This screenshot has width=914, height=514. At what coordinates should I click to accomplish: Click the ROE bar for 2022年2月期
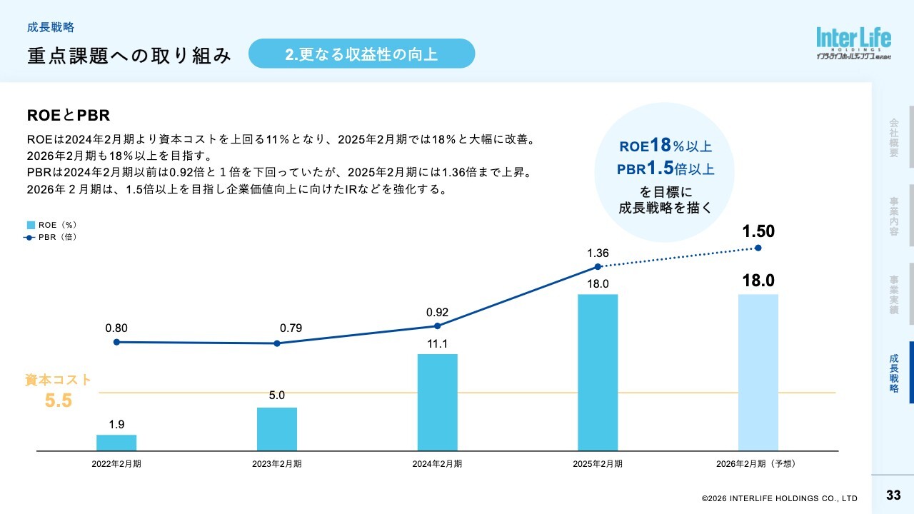(116, 443)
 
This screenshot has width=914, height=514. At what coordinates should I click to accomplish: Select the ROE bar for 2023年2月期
(277, 429)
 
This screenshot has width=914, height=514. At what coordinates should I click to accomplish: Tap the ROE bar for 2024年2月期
(437, 402)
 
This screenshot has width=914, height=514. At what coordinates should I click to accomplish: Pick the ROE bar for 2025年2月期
(598, 372)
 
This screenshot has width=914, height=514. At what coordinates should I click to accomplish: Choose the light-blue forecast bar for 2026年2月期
(758, 372)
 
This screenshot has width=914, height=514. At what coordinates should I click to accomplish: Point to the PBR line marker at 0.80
(116, 342)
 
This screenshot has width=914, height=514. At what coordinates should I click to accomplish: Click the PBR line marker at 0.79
(277, 343)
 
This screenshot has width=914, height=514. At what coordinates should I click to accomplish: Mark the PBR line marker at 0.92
(437, 326)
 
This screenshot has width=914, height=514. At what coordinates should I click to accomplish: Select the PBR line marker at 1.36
(598, 267)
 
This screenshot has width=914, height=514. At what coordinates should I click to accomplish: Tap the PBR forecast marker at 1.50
(758, 248)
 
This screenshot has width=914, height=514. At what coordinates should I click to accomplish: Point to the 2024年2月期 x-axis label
(437, 463)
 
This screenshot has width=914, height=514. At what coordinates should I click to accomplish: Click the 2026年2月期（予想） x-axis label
(758, 463)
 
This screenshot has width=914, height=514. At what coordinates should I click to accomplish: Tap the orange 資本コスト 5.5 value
(59, 400)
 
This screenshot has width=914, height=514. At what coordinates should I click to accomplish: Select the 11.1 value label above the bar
(437, 344)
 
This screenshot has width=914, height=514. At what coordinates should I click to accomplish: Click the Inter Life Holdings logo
(854, 44)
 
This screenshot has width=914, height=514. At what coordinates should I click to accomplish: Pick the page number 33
(893, 495)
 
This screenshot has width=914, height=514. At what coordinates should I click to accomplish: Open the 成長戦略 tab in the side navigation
(894, 373)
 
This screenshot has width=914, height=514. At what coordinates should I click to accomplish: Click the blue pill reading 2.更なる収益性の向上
(361, 54)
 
